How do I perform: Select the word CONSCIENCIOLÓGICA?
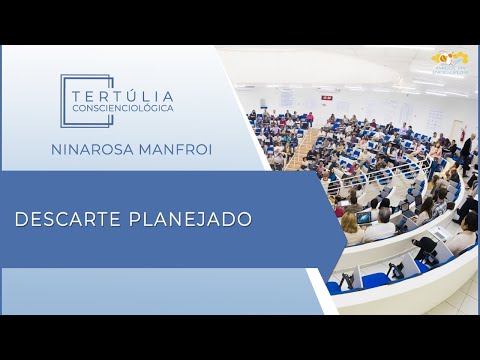(123, 106)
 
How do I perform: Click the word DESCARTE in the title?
(68, 218)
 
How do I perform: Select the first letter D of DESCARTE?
(20, 218)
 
